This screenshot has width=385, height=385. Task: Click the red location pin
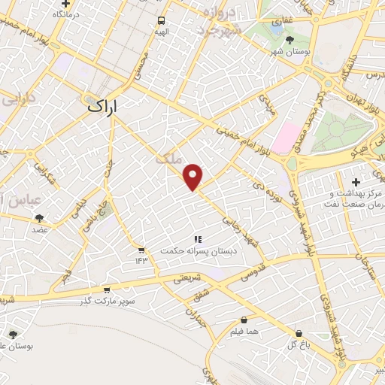[194, 177]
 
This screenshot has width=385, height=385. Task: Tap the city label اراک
[105, 106]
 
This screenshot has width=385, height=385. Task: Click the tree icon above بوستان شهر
[290, 40]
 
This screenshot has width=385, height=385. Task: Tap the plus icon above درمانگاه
[66, 4]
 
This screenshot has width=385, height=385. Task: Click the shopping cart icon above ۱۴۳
[141, 249]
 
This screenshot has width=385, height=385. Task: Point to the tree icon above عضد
[39, 218]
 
